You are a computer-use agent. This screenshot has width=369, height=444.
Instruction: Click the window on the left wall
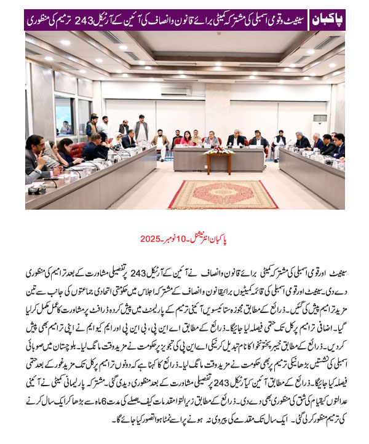64,115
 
